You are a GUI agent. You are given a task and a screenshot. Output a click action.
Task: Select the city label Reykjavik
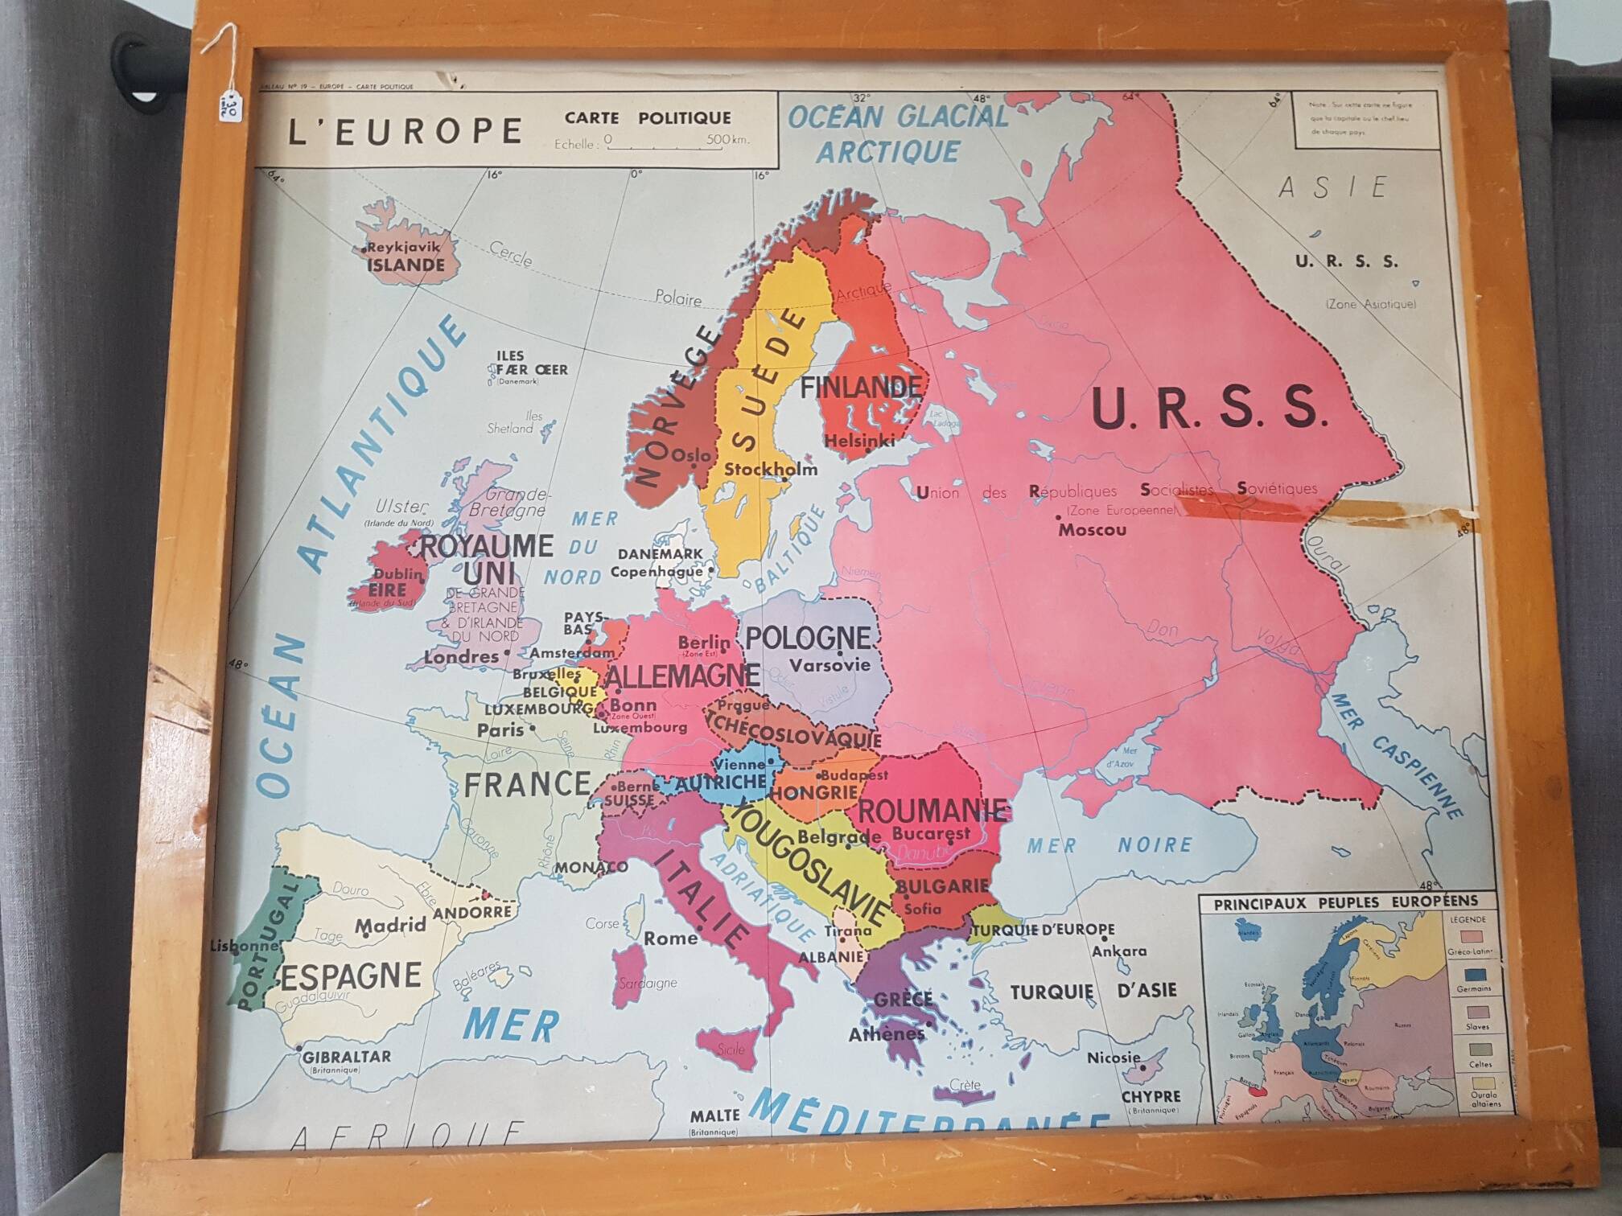pos(404,248)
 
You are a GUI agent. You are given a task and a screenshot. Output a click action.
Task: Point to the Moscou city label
pos(1092,530)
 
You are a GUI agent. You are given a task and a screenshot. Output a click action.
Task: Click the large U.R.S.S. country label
pos(1208,409)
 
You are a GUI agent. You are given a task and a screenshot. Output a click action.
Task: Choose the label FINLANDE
pos(860,388)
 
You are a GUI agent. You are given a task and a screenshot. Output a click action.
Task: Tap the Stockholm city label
pos(770,469)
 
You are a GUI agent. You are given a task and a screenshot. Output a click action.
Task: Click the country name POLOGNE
pos(808,638)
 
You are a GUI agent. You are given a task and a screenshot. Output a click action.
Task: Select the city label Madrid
pos(390,926)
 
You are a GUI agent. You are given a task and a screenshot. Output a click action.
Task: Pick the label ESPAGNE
pos(351,976)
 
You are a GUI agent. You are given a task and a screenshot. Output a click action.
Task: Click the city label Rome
pos(670,938)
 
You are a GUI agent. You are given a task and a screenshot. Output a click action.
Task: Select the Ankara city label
pos(1118,951)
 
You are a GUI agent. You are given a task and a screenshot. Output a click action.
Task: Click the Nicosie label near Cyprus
pos(1114,1058)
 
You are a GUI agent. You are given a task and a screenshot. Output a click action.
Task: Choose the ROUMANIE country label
pos(932,810)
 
